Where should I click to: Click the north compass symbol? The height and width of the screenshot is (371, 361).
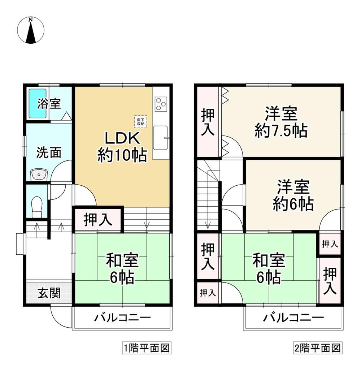pos(31,30)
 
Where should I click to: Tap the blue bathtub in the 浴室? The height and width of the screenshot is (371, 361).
pos(37,103)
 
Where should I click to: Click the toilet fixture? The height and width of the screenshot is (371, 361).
pos(37,207)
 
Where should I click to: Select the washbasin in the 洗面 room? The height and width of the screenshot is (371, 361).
pos(39,175)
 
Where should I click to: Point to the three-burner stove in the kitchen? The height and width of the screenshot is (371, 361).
pos(161,104)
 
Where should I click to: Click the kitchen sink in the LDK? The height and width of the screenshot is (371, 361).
pos(161,138)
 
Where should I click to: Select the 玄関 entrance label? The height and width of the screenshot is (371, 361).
pos(49,293)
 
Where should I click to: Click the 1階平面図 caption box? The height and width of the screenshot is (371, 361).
pos(147,348)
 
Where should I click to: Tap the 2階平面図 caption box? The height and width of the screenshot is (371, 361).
pos(317,348)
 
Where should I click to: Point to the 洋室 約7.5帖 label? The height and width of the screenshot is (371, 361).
pos(281,122)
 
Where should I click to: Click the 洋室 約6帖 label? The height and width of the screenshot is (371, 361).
pos(293,196)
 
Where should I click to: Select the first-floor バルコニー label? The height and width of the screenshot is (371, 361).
pos(122,318)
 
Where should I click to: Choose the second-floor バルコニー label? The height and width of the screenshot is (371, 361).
pos(293,318)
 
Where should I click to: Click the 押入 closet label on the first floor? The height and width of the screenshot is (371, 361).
pos(97,220)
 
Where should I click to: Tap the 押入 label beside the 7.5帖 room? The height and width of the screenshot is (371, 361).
pos(208,122)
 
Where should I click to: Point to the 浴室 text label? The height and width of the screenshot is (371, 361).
pos(49,104)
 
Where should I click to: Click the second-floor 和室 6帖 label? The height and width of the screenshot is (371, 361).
pos(269,269)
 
